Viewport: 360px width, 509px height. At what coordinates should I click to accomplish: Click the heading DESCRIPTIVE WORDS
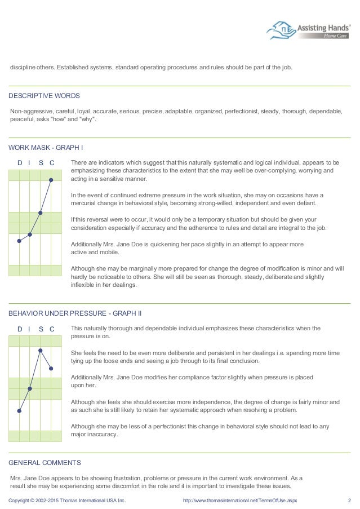pyautogui.click(x=45, y=95)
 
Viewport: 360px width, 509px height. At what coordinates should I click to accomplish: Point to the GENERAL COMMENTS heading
pyautogui.click(x=45, y=463)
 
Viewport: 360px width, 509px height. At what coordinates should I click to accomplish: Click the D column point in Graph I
pyautogui.click(x=19, y=241)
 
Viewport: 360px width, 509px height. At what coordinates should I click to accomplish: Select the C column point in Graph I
pyautogui.click(x=51, y=180)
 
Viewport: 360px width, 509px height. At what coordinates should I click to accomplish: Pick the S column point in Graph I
pyautogui.click(x=41, y=213)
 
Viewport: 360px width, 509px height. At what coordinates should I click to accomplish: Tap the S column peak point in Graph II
pyautogui.click(x=41, y=350)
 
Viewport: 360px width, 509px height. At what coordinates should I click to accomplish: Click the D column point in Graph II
pyautogui.click(x=19, y=411)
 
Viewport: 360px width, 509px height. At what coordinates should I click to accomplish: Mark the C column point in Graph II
pyautogui.click(x=51, y=369)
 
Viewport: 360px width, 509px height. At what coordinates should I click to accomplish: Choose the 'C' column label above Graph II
pyautogui.click(x=51, y=328)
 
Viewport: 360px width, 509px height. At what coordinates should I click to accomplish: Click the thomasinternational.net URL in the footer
pyautogui.click(x=240, y=500)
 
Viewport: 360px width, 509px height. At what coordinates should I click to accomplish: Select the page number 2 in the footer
pyautogui.click(x=349, y=500)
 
